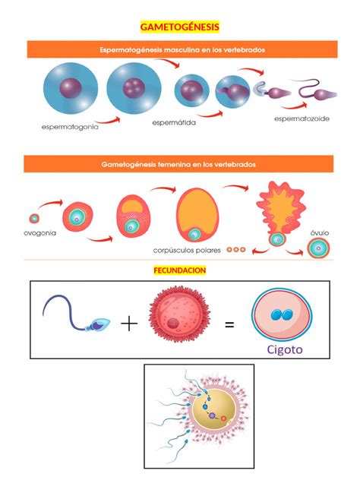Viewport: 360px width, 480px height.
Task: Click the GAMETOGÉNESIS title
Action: pyautogui.click(x=180, y=27)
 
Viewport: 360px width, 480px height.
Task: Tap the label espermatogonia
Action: pyautogui.click(x=70, y=127)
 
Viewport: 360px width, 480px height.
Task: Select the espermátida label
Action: pyautogui.click(x=174, y=123)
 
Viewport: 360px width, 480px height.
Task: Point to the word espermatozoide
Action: pyautogui.click(x=302, y=118)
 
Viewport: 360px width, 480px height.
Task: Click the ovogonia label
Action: pyautogui.click(x=39, y=233)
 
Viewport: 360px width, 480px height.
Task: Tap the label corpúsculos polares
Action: pyautogui.click(x=187, y=251)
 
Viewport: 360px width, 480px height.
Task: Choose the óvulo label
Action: pyautogui.click(x=320, y=233)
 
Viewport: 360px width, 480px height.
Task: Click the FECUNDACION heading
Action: pyautogui.click(x=180, y=270)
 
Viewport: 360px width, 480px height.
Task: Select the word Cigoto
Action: pyautogui.click(x=285, y=349)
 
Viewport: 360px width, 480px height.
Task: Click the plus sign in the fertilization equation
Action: pyautogui.click(x=129, y=324)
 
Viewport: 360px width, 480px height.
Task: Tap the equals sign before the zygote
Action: pyautogui.click(x=229, y=324)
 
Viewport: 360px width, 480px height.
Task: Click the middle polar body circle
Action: pyautogui.click(x=236, y=250)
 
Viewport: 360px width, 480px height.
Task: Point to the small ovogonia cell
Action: pyautogui.click(x=34, y=219)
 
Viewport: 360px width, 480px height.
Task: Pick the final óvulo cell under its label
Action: pyautogui.click(x=318, y=248)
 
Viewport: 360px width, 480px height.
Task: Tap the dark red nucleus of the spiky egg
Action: pyautogui.click(x=173, y=324)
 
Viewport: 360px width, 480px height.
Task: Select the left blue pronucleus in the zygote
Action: pyautogui.click(x=276, y=314)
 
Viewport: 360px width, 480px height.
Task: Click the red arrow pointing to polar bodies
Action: pyautogui.click(x=261, y=251)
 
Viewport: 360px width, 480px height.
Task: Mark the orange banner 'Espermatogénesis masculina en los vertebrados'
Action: pyautogui.click(x=182, y=49)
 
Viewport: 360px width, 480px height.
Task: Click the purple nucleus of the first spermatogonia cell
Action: pyautogui.click(x=71, y=88)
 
